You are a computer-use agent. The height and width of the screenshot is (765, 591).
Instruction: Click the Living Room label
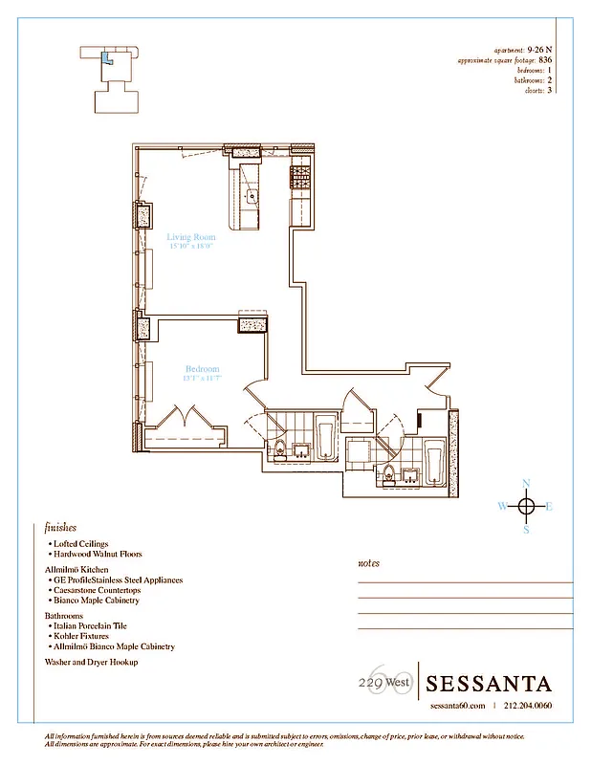click(x=190, y=237)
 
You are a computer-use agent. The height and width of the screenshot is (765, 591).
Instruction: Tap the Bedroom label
click(x=202, y=369)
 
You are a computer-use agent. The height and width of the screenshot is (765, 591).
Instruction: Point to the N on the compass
click(x=525, y=484)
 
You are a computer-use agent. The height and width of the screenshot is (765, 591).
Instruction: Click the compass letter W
click(x=503, y=507)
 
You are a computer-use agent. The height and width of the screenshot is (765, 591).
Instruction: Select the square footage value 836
click(x=544, y=59)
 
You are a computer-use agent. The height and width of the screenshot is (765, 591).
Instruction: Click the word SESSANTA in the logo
click(x=489, y=684)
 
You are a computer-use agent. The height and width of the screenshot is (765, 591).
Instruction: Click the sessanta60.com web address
click(x=459, y=706)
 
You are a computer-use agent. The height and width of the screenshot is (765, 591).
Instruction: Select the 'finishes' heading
click(x=61, y=527)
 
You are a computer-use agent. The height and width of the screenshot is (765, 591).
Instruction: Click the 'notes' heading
click(x=368, y=564)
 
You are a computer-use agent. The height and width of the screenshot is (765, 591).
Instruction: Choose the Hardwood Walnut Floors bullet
click(x=98, y=554)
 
